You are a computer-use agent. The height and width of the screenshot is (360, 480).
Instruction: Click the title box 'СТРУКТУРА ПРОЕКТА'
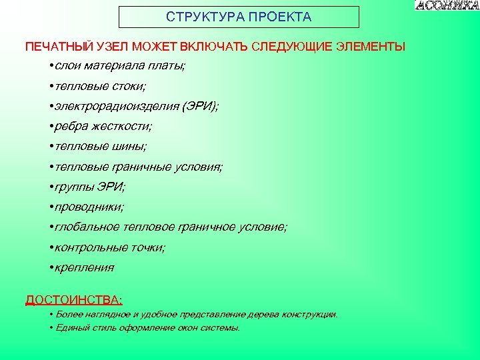[x=239, y=17]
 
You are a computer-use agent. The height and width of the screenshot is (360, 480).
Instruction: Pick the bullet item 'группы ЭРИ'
[x=90, y=187]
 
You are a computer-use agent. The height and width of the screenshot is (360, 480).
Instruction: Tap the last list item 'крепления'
[x=85, y=267]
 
